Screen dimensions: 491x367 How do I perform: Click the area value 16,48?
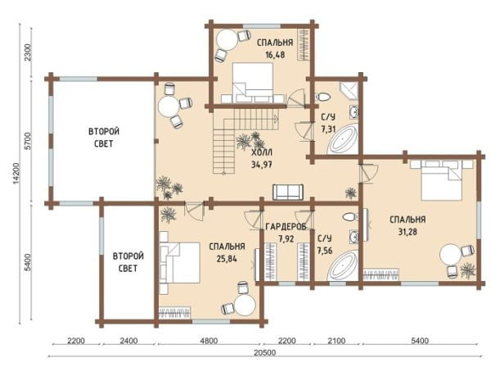[x=275, y=55]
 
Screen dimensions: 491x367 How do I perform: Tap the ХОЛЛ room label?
[x=262, y=152]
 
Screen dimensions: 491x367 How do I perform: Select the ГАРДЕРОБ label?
[x=286, y=227]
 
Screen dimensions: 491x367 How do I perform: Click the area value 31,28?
[x=408, y=232]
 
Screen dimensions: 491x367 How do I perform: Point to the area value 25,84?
[x=227, y=259]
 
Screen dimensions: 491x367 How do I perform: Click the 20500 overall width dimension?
[x=265, y=352]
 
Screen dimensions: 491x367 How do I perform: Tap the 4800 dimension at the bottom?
[x=209, y=340]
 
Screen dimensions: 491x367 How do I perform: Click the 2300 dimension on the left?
[x=28, y=52]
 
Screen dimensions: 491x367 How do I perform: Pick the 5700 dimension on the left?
[x=28, y=142]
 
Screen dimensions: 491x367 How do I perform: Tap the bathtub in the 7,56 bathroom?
[x=342, y=265]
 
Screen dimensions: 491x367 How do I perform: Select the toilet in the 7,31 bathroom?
[x=322, y=96]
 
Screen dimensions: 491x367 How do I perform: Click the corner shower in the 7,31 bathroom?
[x=349, y=91]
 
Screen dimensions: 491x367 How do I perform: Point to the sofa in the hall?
[x=288, y=192]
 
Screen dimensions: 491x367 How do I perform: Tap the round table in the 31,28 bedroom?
[x=449, y=255]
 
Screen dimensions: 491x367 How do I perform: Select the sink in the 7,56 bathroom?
[x=354, y=237]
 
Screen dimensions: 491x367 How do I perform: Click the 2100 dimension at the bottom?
[x=336, y=340]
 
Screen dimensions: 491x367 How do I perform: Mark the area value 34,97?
[x=262, y=164]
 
